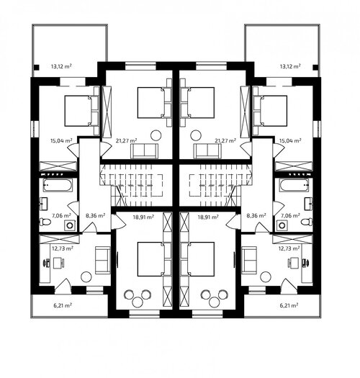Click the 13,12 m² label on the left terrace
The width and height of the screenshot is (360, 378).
point(61,66)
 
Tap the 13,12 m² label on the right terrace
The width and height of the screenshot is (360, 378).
point(290,66)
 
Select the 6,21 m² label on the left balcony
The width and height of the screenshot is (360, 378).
point(63,305)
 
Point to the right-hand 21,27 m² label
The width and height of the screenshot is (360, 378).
point(225,140)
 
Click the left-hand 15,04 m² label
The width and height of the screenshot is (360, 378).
point(61,140)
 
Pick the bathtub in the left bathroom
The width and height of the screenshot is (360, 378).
point(58,185)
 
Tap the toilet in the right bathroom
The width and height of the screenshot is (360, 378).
point(307,222)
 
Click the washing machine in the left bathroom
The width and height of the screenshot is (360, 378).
point(70,225)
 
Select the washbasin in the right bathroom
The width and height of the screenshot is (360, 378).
point(308,204)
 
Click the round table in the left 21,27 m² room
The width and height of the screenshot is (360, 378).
point(156,135)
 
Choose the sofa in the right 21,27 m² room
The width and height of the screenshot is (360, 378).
point(207,151)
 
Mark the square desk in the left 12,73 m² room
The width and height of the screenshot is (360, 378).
point(58,263)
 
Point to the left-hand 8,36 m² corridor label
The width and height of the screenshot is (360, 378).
point(96,215)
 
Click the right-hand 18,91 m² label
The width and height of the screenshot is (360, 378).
point(208,217)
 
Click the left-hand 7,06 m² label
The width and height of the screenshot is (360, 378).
point(61,215)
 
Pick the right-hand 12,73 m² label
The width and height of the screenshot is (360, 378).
point(289,248)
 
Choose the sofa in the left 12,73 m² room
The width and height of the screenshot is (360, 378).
point(103,260)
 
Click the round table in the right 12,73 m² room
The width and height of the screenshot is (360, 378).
point(266,276)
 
